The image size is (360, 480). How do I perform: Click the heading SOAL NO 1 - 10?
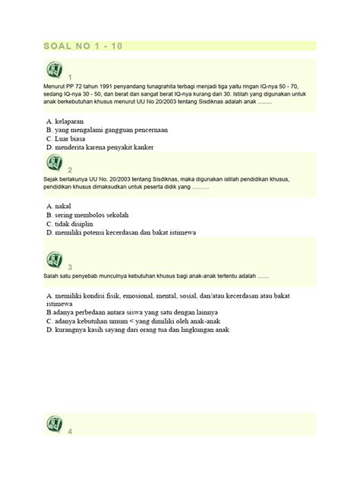click(83, 46)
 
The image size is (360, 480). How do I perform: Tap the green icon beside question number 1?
click(55, 71)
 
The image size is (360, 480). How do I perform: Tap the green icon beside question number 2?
click(55, 163)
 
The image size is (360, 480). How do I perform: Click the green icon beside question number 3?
click(55, 260)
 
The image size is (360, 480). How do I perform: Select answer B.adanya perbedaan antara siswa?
click(131, 312)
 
